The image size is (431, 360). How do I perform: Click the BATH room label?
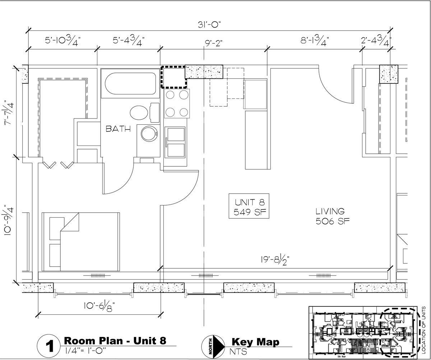[x=118, y=129]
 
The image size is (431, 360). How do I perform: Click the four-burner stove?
[x=177, y=103]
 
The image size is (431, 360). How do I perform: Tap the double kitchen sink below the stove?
[x=176, y=142]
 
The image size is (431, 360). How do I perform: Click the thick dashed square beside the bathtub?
[x=173, y=77]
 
